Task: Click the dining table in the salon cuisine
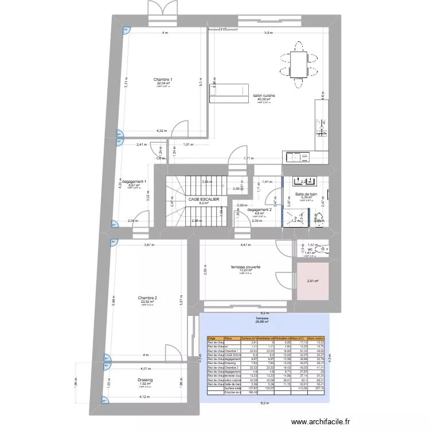coord(298,64)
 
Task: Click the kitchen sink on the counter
coord(297,156)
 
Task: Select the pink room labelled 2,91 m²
coord(312,281)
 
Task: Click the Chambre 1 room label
coord(163,80)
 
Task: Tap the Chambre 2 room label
coord(147,298)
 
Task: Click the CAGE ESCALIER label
coord(204,199)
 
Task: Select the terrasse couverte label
coord(245,267)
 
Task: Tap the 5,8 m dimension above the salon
coord(268,33)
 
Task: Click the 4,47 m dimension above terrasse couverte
coord(245,245)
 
